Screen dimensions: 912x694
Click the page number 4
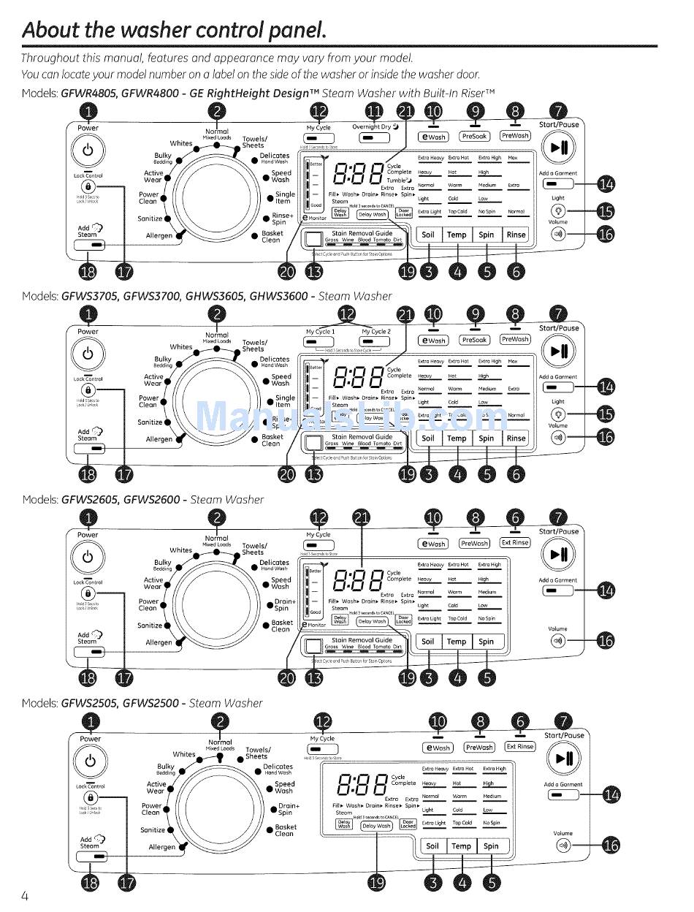tap(25, 897)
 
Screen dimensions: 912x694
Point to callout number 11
tap(374, 111)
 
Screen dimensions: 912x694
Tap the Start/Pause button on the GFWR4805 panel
tap(559, 148)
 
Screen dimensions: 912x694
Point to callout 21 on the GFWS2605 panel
tap(362, 518)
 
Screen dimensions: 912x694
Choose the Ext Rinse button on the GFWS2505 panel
tap(520, 747)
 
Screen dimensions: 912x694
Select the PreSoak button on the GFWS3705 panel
tap(474, 340)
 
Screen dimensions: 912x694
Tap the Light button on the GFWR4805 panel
tap(558, 212)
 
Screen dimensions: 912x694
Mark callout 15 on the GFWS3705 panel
tap(606, 415)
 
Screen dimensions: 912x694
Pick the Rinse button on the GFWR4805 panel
tap(516, 235)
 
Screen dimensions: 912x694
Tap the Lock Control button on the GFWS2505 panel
tap(91, 797)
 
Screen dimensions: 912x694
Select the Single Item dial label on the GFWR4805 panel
tap(285, 198)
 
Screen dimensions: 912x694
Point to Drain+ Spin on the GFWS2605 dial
tap(285, 605)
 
